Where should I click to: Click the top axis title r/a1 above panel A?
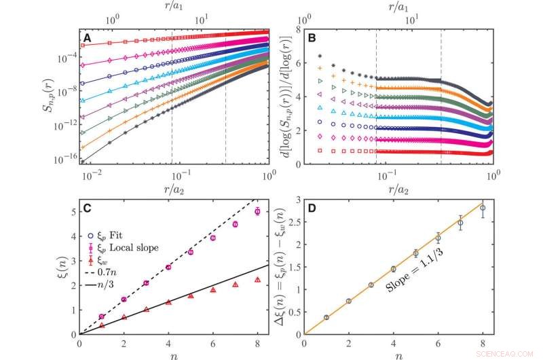pyautogui.click(x=174, y=8)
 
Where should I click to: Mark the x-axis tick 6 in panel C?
pyautogui.click(x=212, y=342)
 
